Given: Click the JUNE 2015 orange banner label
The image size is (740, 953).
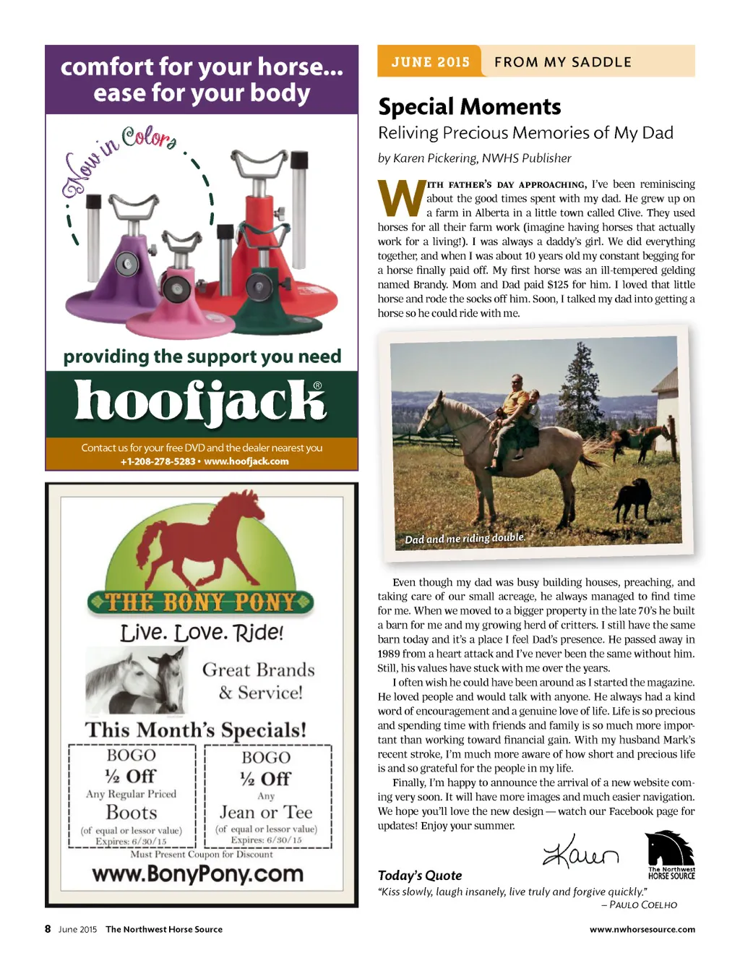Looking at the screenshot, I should (x=430, y=62).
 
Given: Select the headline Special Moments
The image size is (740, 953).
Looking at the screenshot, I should (x=469, y=107).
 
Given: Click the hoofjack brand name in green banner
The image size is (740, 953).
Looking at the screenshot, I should (x=201, y=402).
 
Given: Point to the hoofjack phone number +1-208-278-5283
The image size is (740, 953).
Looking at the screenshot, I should (x=157, y=461).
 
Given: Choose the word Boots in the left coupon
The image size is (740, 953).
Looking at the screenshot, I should (x=132, y=812).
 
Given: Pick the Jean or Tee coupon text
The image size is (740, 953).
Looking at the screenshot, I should (x=266, y=812).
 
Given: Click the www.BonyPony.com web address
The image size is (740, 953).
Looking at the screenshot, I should (x=198, y=873).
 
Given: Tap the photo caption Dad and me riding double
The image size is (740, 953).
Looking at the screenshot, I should (x=464, y=539).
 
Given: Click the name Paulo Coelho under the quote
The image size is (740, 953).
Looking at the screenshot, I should (x=642, y=905).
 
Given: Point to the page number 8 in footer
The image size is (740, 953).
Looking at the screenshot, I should (x=48, y=929).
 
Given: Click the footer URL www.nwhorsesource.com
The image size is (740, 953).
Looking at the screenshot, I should (x=642, y=929).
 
